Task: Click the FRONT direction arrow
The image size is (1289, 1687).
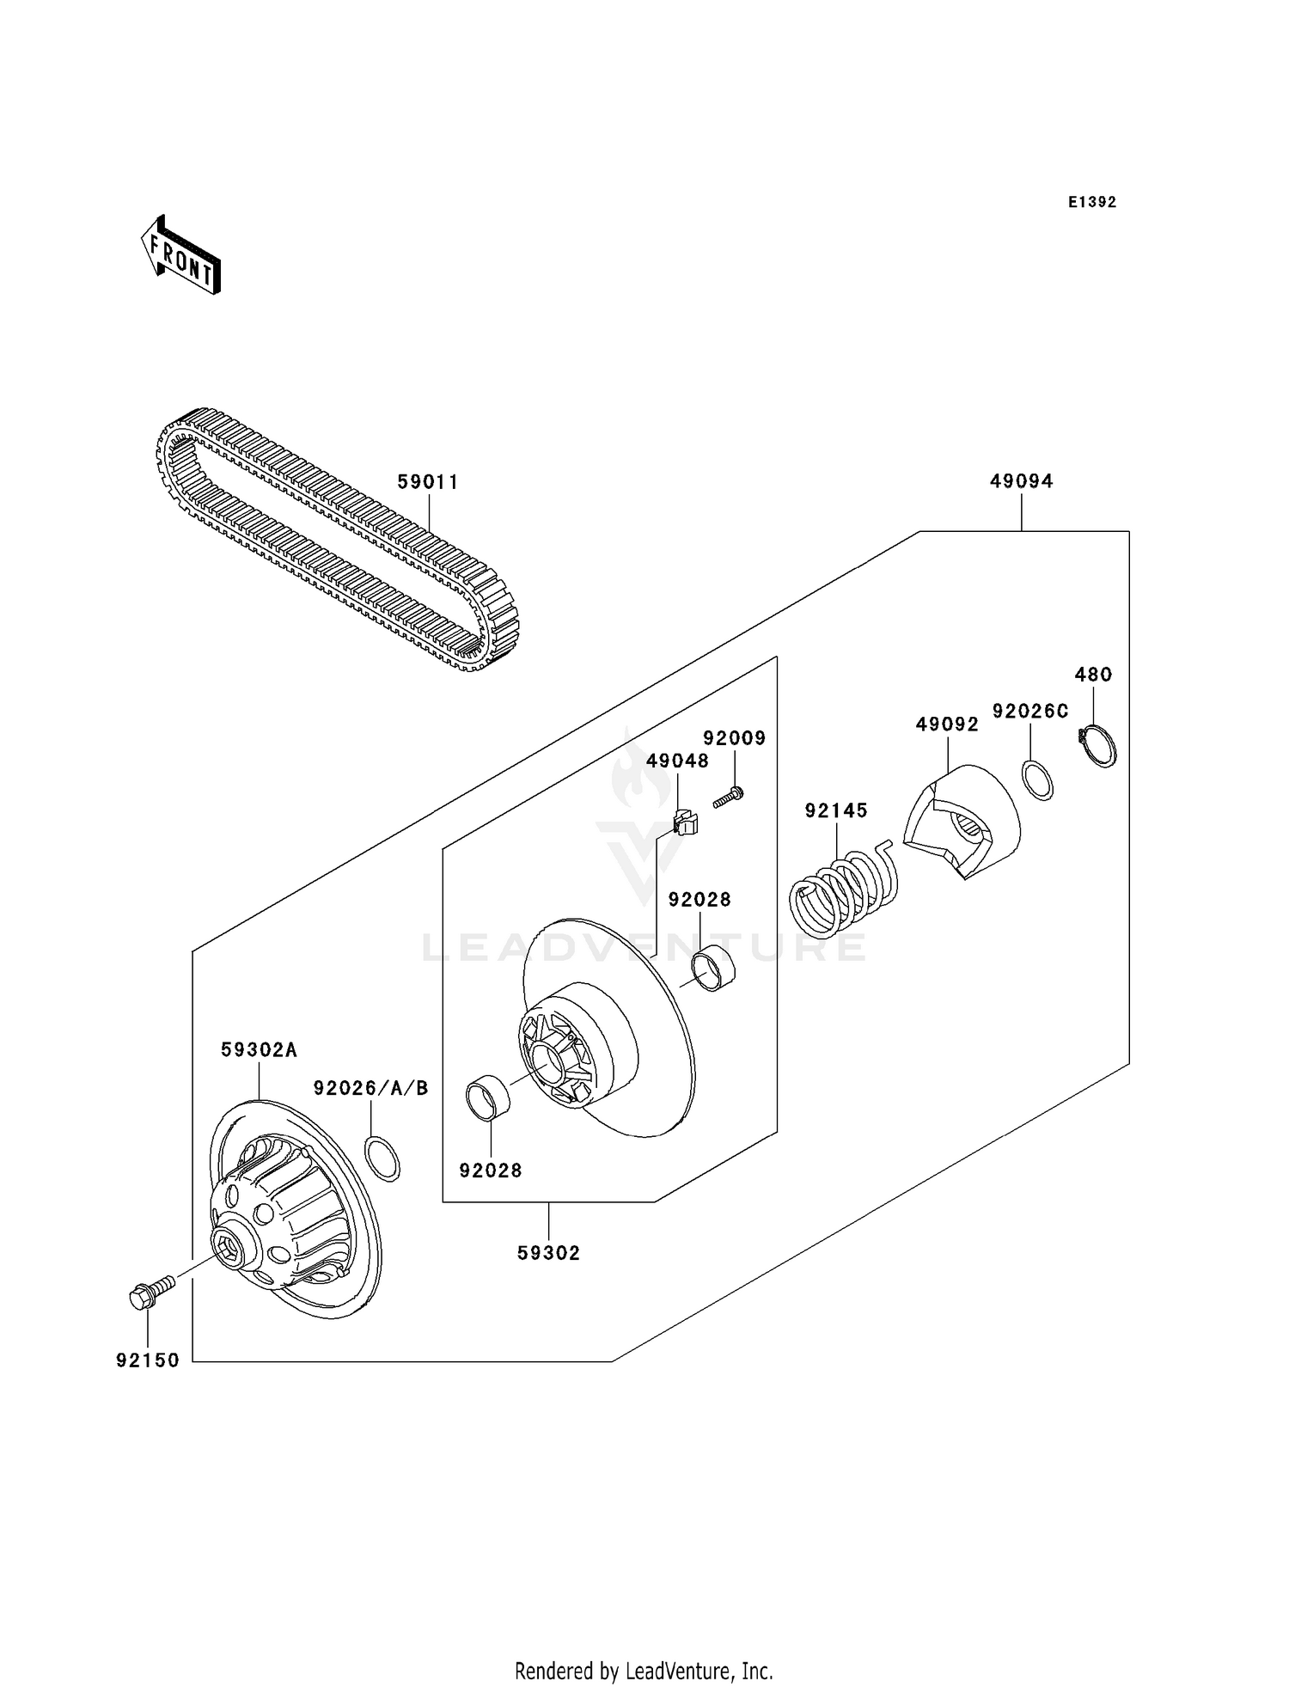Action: [181, 256]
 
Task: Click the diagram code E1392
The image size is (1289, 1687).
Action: [1091, 202]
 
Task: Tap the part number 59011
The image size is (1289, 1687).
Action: [428, 482]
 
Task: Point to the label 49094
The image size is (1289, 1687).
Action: [1021, 481]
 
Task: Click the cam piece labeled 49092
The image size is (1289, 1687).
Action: [962, 821]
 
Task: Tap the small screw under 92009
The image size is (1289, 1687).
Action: [727, 798]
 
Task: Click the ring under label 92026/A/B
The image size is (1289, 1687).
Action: [382, 1158]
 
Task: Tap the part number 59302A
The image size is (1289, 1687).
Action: [259, 1049]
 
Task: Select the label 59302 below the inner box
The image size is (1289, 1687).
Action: [548, 1253]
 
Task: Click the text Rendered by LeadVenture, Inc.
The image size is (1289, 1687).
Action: [644, 1672]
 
